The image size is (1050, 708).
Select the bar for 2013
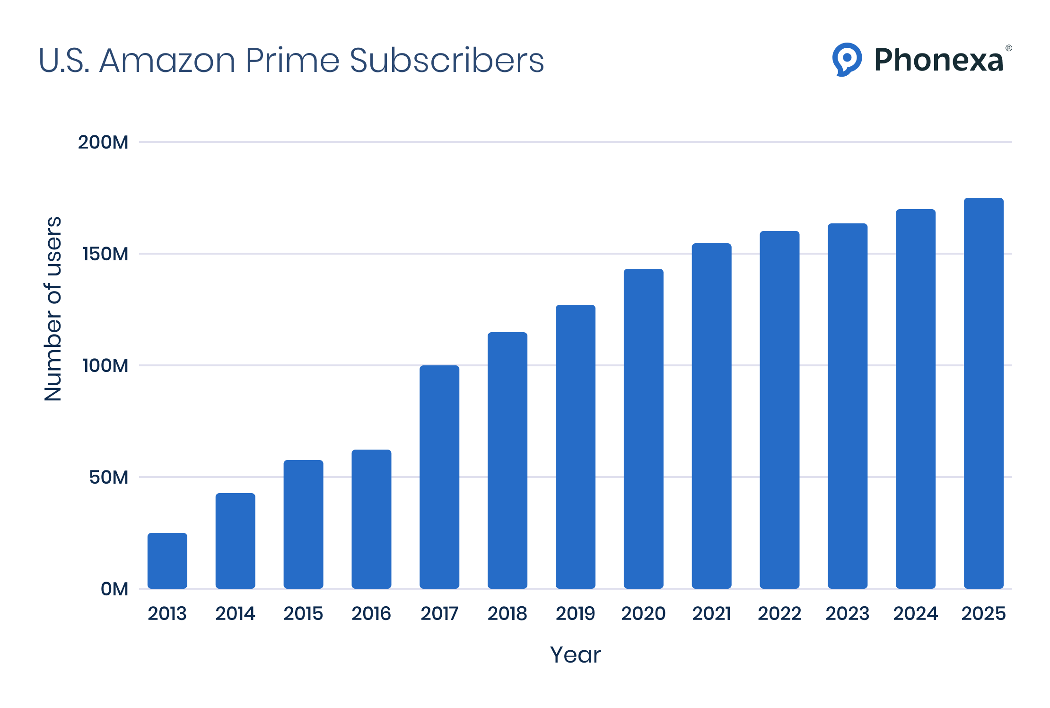(167, 561)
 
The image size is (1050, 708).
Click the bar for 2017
(439, 477)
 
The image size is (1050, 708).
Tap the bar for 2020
(643, 429)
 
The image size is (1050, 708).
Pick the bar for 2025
(983, 393)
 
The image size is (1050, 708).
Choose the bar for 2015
(303, 524)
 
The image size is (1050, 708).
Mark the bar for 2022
(779, 410)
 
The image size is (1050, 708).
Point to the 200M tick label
(103, 142)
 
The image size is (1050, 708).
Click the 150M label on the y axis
(105, 254)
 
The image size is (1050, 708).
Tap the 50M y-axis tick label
(108, 478)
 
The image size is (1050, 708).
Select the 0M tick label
(114, 589)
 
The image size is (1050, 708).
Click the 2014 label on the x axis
(235, 614)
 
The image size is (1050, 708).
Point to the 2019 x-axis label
(575, 614)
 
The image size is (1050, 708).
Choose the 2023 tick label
(847, 614)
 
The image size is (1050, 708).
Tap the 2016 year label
(371, 614)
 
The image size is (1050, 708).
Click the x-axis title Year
(575, 655)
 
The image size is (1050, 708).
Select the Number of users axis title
(53, 309)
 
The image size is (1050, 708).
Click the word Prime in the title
(292, 61)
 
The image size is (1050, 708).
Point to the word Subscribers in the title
(447, 61)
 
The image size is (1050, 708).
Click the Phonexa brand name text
(939, 61)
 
